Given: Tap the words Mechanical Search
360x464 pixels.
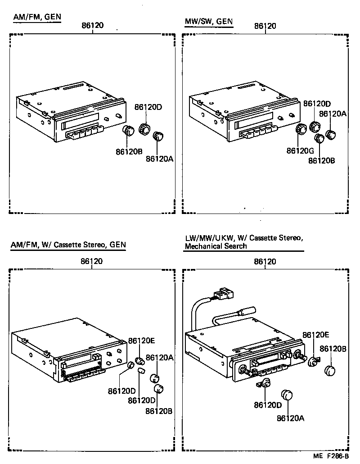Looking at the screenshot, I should [216, 246].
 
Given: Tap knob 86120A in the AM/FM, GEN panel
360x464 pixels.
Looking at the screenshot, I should [157, 136].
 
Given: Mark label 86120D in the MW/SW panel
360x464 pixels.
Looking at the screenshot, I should [317, 104].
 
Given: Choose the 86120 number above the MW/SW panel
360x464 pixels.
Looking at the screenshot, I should [265, 26].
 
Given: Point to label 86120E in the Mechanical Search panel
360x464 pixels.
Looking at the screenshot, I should [316, 335].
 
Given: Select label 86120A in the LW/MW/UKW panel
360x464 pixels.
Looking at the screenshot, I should [290, 418].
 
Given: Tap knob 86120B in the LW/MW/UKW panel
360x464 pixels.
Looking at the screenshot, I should [331, 371].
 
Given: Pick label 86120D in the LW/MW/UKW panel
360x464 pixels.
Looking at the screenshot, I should [268, 405].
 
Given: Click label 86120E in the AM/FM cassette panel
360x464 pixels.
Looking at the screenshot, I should [142, 341].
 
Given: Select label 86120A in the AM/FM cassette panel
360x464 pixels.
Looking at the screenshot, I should [158, 357].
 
